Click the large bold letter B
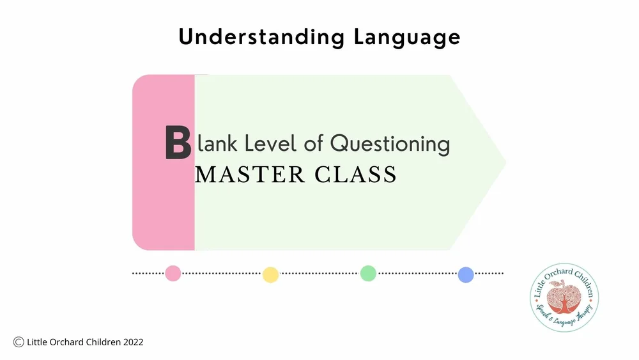[x=178, y=143]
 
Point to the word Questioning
[x=390, y=145]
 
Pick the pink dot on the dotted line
[x=173, y=274]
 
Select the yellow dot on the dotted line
[x=270, y=275]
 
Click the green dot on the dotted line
[x=368, y=274]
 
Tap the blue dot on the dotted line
[x=466, y=275]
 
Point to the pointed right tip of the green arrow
[x=504, y=162]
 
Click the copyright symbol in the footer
[x=19, y=342]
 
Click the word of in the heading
[x=314, y=143]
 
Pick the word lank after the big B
[x=216, y=143]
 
